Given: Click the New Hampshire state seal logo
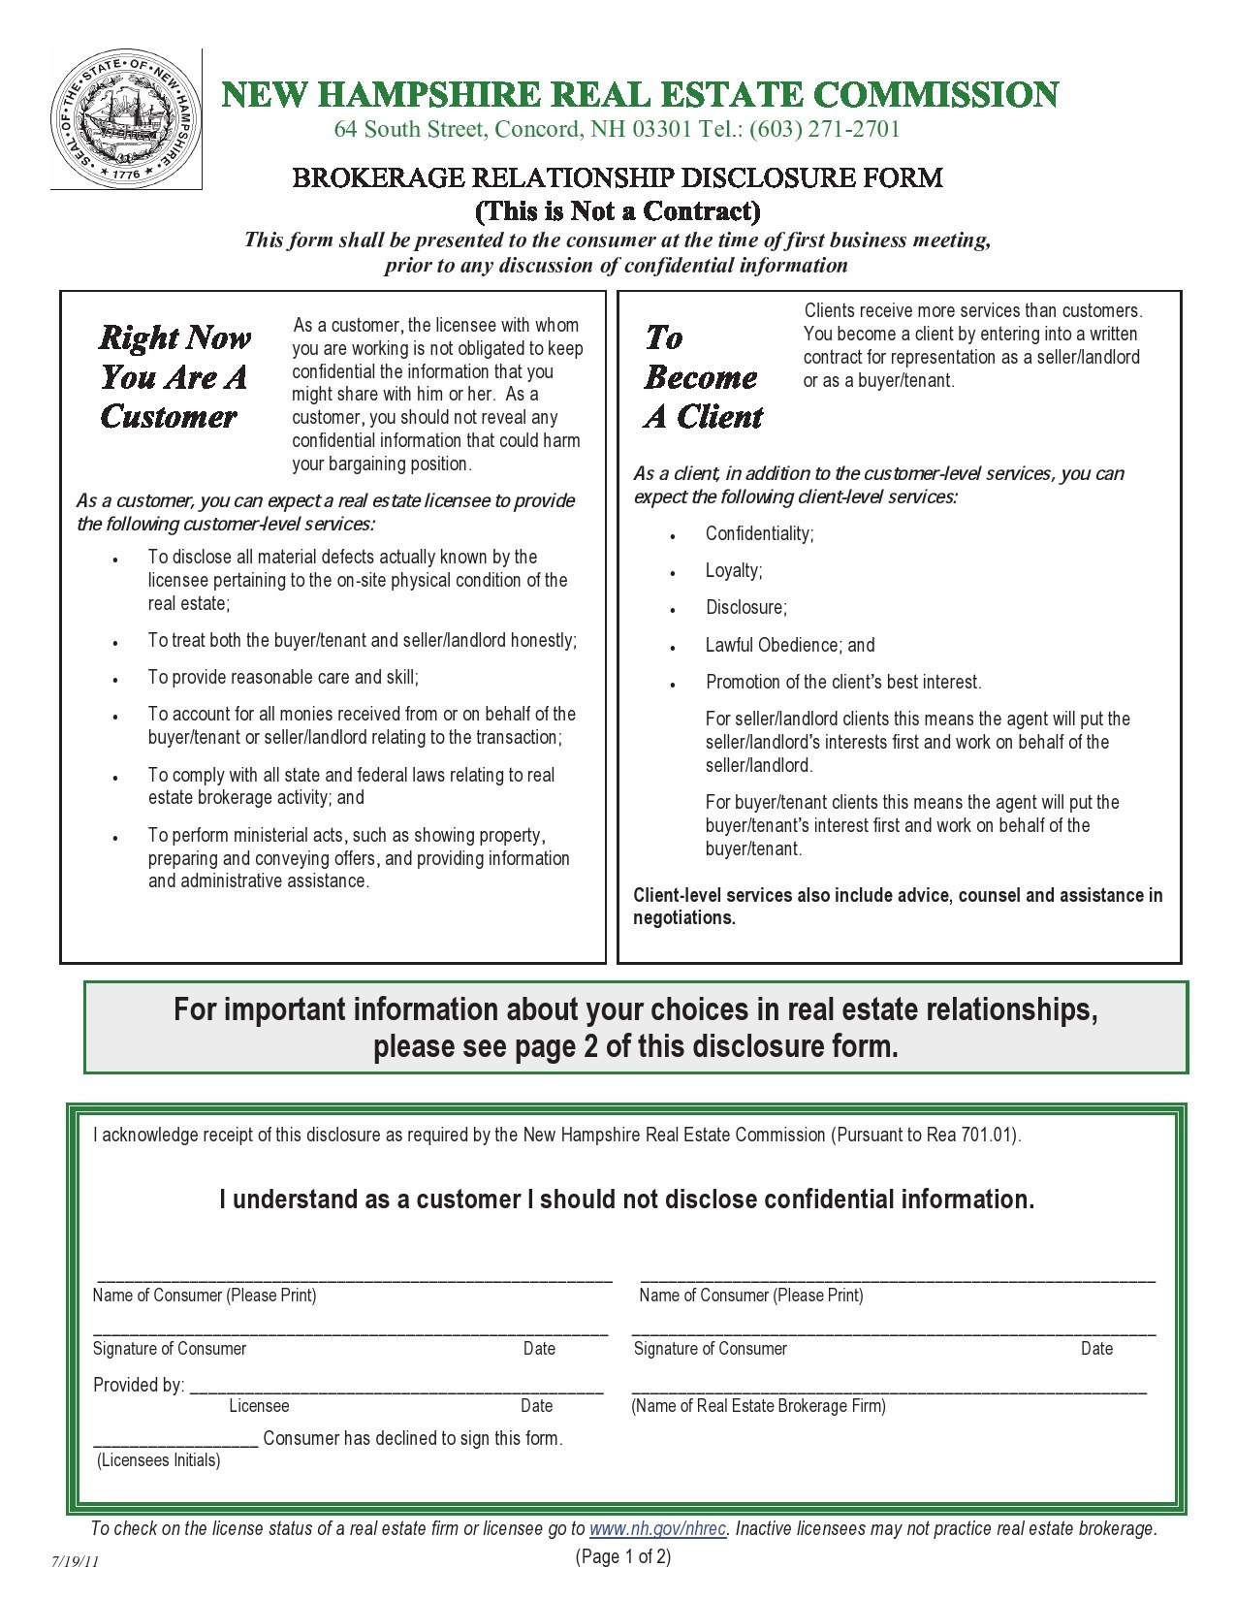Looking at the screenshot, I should coord(125,119).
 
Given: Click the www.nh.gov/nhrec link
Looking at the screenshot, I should coord(657,1529).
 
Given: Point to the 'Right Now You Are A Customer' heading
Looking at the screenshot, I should coord(174,377).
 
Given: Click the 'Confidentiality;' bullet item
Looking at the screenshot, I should coord(759,534).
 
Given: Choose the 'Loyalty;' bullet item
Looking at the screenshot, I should coord(734,571).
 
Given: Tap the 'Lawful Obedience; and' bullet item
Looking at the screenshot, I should coord(789,646).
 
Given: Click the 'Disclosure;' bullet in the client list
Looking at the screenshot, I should coord(745,608).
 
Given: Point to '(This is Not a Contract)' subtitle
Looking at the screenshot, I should coord(618,210).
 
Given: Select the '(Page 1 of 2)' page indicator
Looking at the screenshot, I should coord(622,1557).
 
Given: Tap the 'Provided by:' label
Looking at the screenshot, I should coord(139,1386).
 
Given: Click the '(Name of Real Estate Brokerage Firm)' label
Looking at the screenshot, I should coord(758,1406).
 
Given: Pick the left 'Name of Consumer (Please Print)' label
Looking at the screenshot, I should coord(205,1296).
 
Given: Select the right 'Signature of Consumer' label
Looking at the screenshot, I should coord(710,1349).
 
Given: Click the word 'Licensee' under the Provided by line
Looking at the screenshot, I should coord(259,1406).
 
